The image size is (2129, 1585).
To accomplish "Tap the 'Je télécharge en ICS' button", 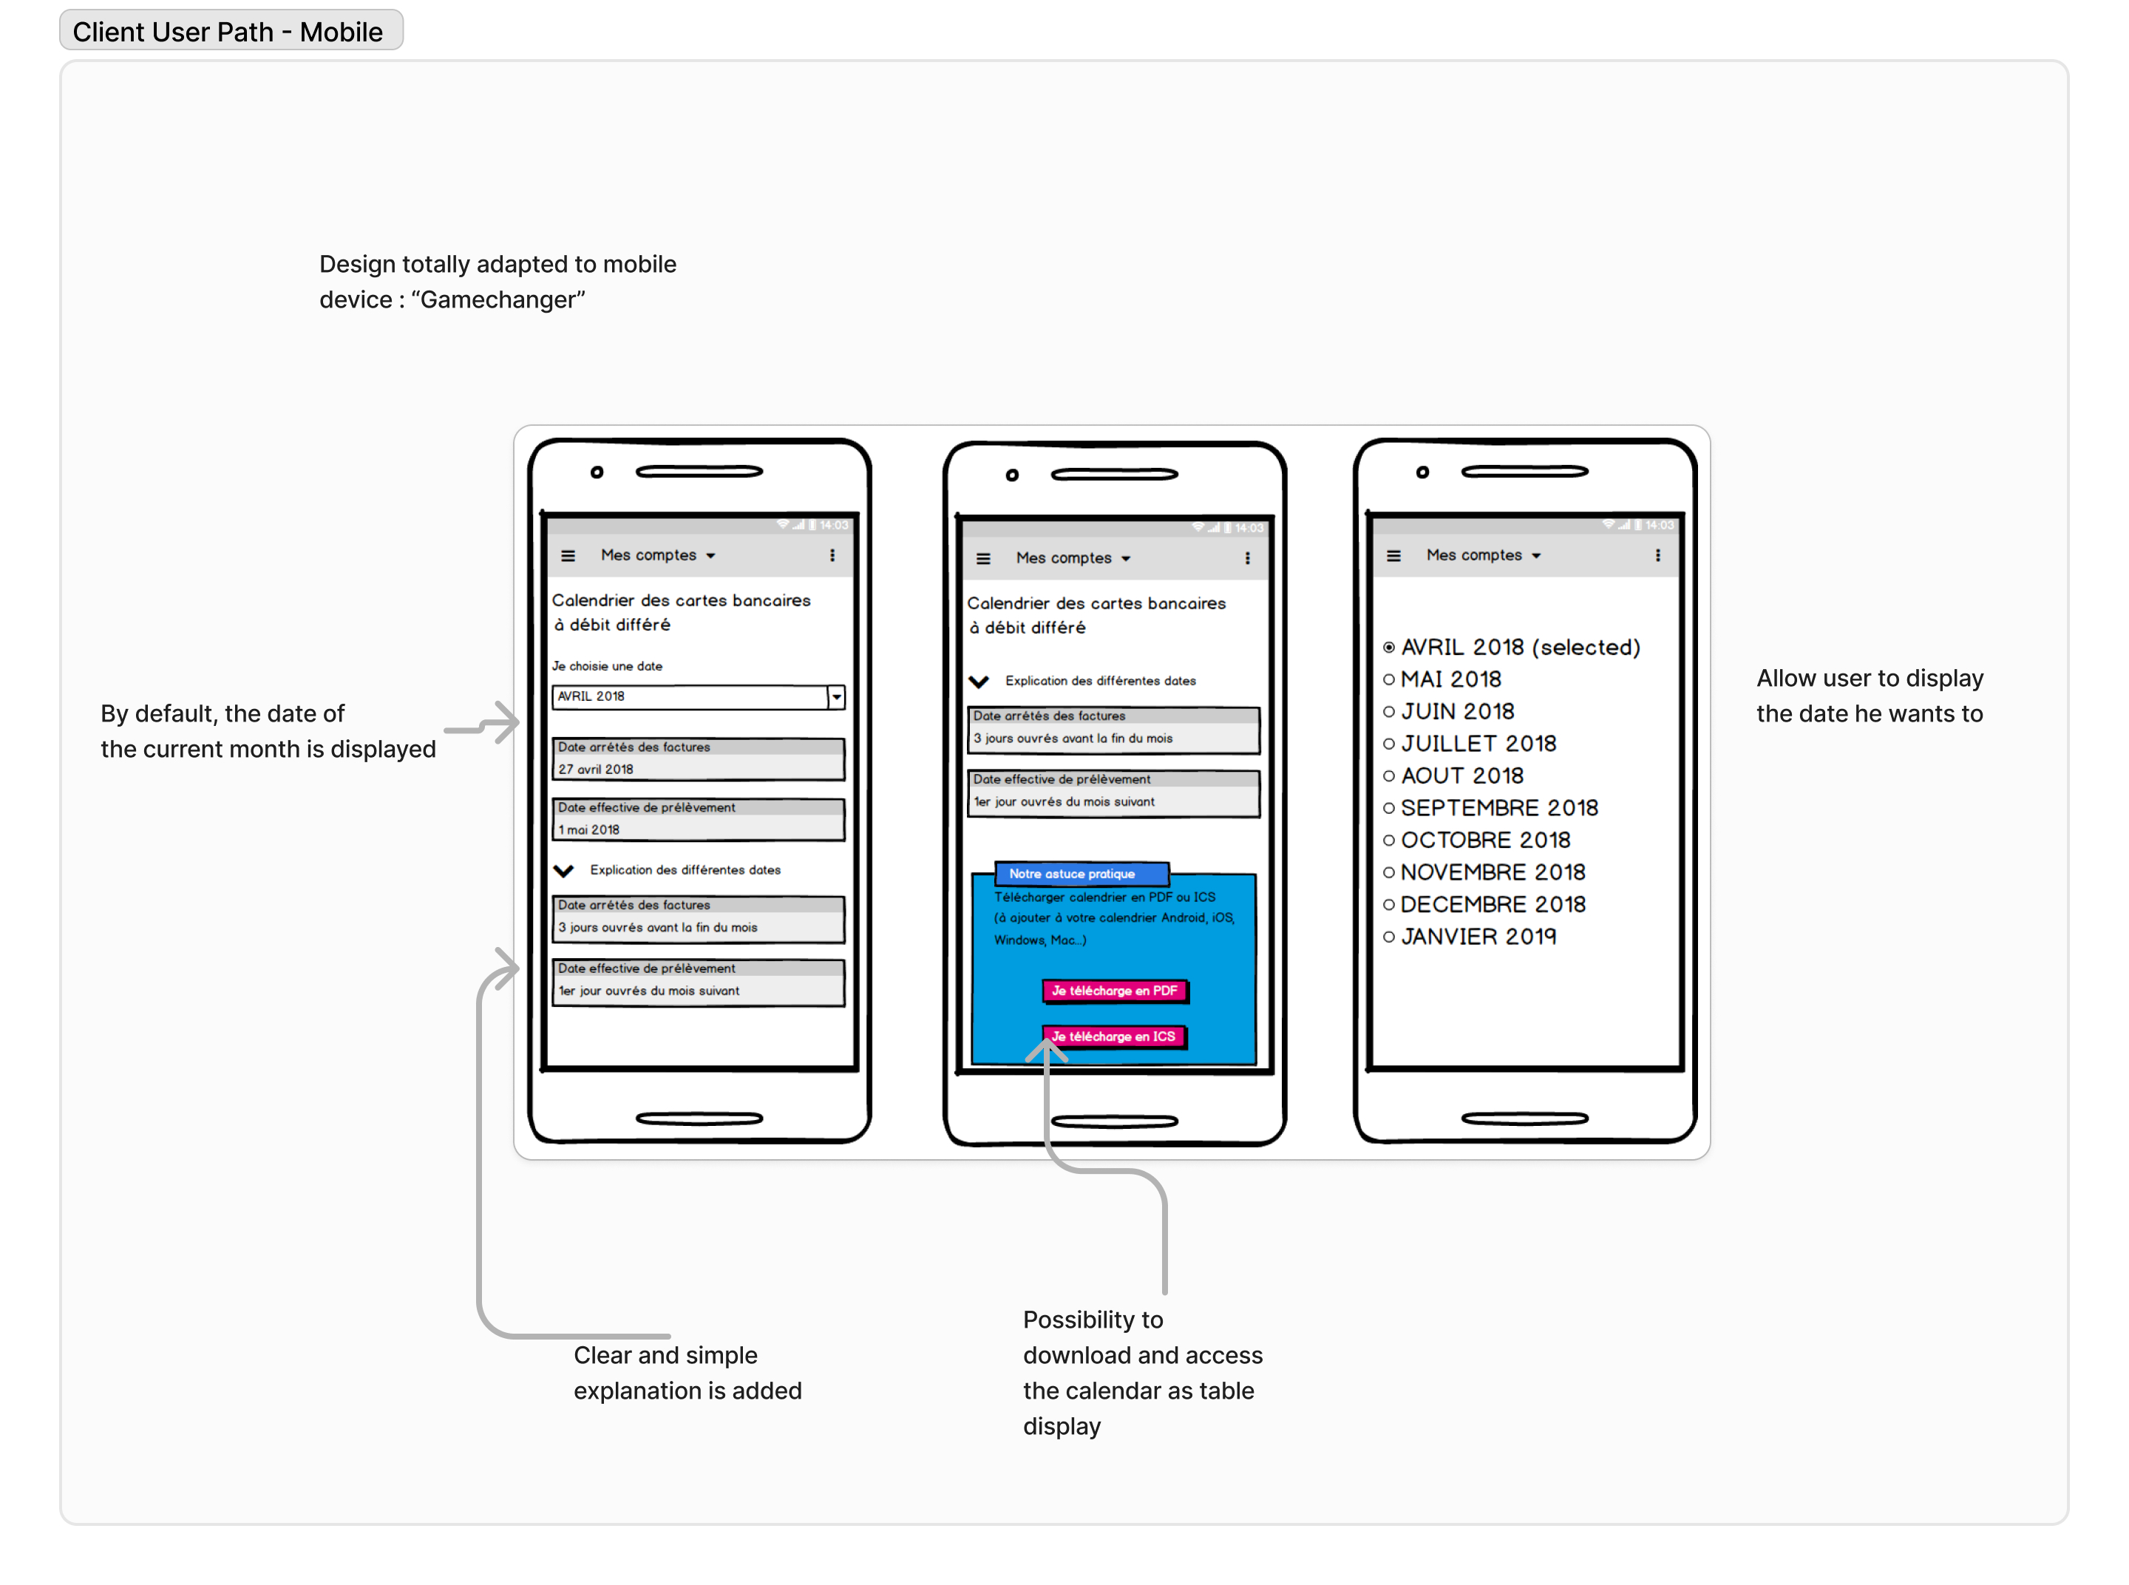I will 1114,1036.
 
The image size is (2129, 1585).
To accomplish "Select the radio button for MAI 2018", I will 1388,679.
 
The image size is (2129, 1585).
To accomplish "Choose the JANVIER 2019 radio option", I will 1388,937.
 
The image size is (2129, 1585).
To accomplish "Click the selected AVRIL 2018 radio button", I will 1388,648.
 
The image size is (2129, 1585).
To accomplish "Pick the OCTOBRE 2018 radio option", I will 1388,840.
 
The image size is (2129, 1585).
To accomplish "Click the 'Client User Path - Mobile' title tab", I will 228,32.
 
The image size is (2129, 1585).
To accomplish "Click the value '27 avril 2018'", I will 596,769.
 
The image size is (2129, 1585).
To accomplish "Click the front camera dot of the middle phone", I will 1011,475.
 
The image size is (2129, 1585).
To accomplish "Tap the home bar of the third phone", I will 1524,1118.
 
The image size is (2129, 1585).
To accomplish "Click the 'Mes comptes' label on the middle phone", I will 1063,557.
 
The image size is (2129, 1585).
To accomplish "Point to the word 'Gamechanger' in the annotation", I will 498,299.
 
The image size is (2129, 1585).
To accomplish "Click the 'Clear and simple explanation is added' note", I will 687,1372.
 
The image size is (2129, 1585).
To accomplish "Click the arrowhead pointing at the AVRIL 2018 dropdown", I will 508,722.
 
